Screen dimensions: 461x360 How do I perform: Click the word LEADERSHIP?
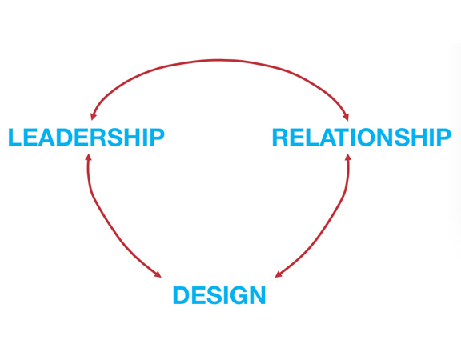pos(86,138)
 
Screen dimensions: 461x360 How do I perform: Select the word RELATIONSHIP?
pos(362,138)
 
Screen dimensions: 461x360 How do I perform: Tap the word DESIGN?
pos(219,295)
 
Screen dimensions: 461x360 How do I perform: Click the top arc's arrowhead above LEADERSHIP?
pos(93,116)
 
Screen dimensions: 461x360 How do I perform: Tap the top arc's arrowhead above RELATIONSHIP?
pos(346,116)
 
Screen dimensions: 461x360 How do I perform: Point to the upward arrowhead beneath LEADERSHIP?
pos(89,158)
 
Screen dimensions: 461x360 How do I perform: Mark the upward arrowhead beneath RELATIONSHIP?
pos(348,158)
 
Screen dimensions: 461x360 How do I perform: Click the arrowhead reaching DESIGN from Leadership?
pos(158,274)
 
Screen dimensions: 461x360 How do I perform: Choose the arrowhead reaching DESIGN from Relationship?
pos(279,274)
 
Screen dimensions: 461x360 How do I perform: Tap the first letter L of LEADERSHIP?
pos(14,138)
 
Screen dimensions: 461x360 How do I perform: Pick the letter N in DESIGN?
pos(258,295)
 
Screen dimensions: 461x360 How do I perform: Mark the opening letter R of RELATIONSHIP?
pos(280,138)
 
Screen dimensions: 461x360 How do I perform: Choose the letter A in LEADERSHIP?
pos(46,138)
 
